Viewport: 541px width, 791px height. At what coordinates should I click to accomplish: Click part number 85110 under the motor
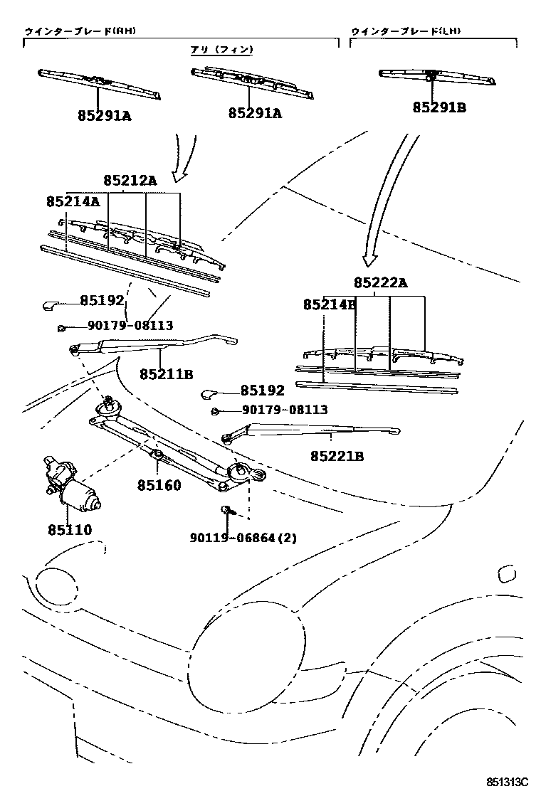[70, 529]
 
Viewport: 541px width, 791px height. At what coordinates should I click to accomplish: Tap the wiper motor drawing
[71, 484]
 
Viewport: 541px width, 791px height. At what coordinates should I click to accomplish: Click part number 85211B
[167, 373]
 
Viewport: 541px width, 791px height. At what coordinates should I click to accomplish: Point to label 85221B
[337, 456]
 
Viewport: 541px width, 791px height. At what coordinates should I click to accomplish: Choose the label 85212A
[130, 181]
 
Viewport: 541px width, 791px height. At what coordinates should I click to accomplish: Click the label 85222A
[380, 283]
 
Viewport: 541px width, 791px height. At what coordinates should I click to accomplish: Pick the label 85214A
[73, 202]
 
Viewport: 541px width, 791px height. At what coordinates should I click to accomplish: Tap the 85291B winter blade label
[439, 107]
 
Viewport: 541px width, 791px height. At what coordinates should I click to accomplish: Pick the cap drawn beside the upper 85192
[52, 305]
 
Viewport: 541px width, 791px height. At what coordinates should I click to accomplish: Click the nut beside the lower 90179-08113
[214, 411]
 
